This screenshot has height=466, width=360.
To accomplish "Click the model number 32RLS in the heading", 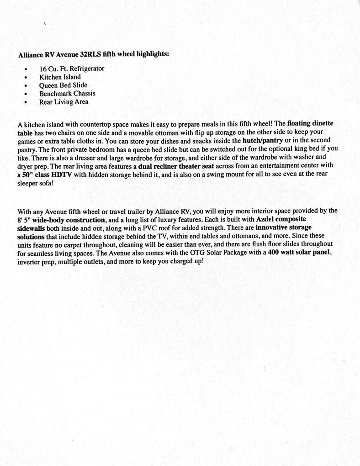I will pyautogui.click(x=91, y=54).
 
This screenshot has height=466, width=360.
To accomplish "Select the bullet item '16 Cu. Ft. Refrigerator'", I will pyautogui.click(x=72, y=69).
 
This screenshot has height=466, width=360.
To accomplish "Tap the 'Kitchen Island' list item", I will pyautogui.click(x=60, y=77).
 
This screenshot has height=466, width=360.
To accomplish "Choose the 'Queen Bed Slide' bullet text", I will pyautogui.click(x=63, y=85).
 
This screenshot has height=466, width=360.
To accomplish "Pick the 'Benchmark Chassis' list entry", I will pyautogui.click(x=67, y=93).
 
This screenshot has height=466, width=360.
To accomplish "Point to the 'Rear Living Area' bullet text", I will pyautogui.click(x=64, y=101).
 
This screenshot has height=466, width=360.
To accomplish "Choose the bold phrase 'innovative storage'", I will pyautogui.click(x=286, y=227).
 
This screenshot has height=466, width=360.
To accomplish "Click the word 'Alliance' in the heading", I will pyautogui.click(x=30, y=54).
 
